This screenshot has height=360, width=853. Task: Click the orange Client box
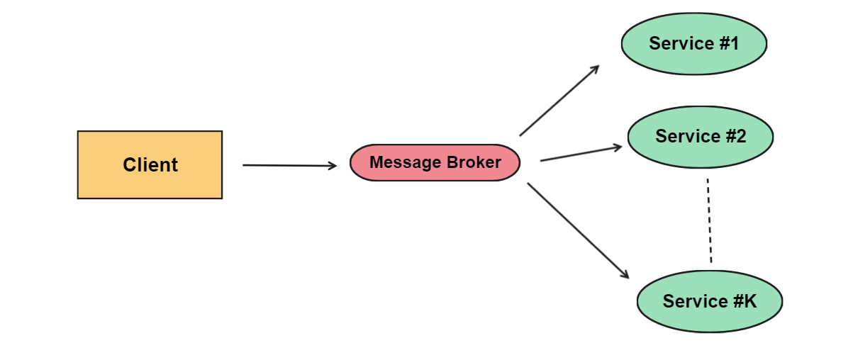click(150, 165)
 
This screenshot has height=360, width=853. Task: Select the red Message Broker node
click(435, 162)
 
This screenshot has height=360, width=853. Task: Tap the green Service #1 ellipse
click(694, 44)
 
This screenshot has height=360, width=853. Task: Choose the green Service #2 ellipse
click(701, 137)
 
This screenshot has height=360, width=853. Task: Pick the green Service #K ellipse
click(710, 301)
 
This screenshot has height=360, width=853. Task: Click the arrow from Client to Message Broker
click(290, 166)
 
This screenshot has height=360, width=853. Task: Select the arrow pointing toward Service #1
click(559, 101)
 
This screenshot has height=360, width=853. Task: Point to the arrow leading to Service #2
click(581, 153)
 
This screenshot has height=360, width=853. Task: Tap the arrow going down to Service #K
click(578, 230)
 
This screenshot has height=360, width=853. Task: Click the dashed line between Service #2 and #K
click(710, 220)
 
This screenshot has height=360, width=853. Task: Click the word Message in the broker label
click(405, 162)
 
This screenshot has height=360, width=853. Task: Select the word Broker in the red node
click(474, 162)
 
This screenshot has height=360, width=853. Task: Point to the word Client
click(150, 165)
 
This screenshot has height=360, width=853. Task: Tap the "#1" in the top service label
click(729, 43)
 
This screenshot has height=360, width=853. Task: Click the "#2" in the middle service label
click(736, 136)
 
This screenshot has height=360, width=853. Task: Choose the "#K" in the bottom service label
click(745, 301)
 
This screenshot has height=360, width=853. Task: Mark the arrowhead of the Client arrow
click(333, 166)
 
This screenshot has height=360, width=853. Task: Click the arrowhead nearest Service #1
click(596, 69)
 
